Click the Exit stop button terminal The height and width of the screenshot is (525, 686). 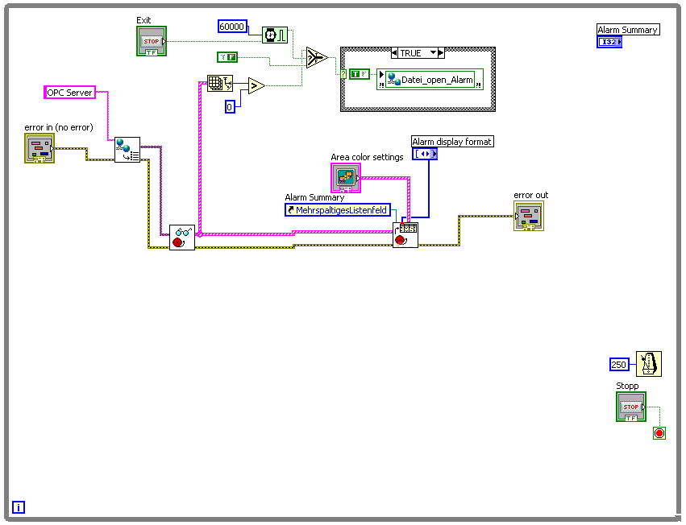152,41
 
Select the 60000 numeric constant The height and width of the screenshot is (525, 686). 232,27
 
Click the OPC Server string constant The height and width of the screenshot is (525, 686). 69,93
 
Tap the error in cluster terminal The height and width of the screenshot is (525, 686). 39,149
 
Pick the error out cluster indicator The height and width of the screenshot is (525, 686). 529,216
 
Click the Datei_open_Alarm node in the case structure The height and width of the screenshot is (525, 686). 430,80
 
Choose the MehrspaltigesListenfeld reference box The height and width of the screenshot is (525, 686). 337,210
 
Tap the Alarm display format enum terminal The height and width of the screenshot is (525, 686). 425,153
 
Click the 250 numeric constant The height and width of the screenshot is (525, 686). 619,364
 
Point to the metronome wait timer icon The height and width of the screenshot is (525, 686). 648,364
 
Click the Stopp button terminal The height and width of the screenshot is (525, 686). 631,407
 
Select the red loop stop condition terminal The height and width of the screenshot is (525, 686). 659,433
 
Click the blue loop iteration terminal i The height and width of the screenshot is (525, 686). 19,507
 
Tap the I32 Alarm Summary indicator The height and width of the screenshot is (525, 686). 609,42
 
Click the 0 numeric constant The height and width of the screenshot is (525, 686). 230,106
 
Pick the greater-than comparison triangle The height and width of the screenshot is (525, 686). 256,85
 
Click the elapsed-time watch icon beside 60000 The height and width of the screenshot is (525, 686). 274,35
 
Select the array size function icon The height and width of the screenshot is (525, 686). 218,83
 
